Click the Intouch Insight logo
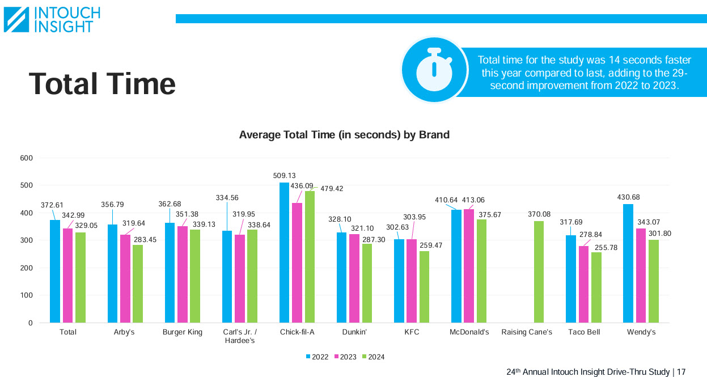coord(52,19)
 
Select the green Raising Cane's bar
coord(539,272)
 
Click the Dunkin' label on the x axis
coord(354,332)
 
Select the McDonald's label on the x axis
coord(469,332)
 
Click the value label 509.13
coord(284,176)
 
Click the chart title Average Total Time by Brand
coord(344,135)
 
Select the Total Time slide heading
coord(102,83)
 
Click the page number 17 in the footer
coord(681,372)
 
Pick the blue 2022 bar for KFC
coord(399,281)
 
